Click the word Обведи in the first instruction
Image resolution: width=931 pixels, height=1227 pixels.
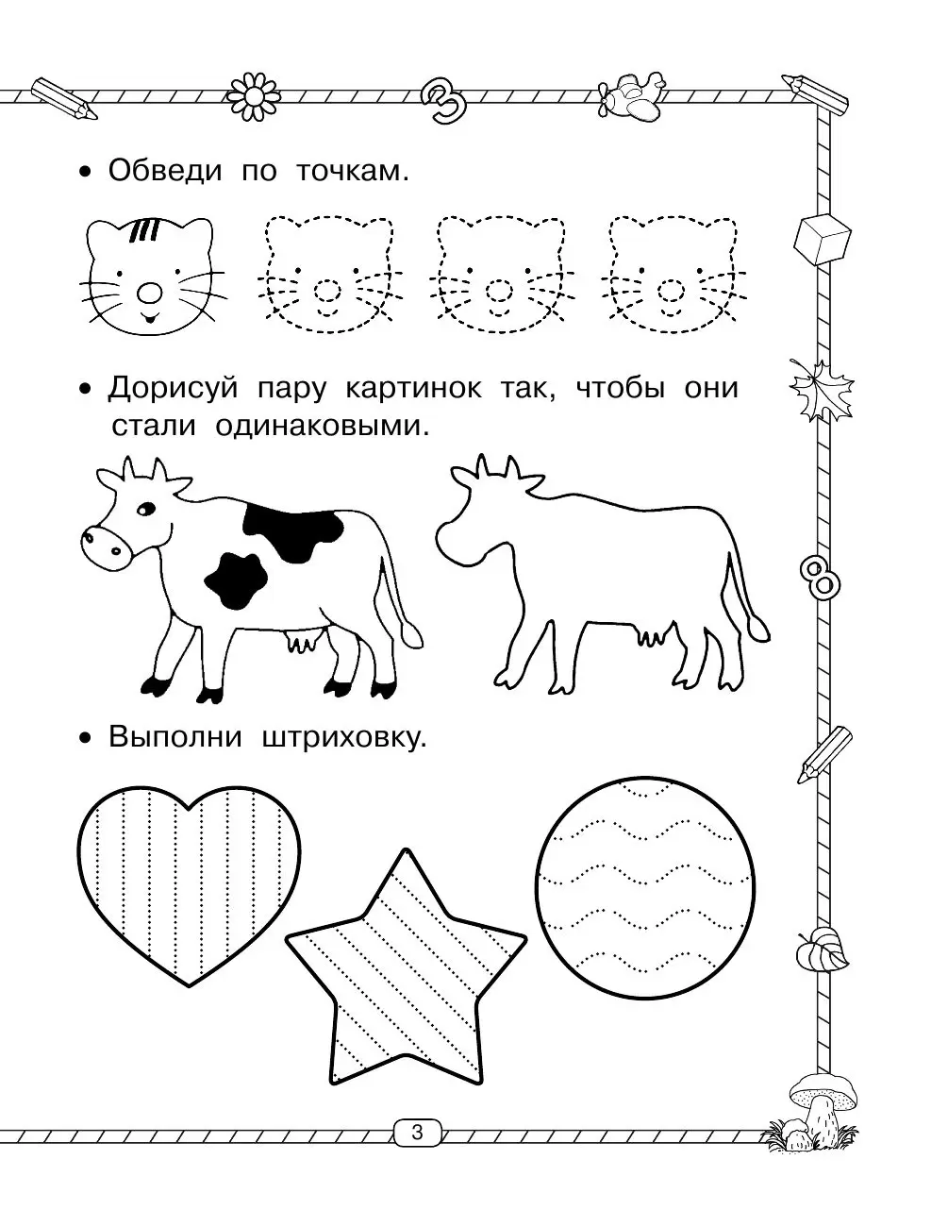[x=165, y=171]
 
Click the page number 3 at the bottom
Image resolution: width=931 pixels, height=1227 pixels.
[x=417, y=1132]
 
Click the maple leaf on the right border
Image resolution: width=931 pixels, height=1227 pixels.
[x=821, y=389]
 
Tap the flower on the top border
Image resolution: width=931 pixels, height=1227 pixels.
[x=254, y=92]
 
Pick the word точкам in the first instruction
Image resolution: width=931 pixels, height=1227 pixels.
[x=353, y=171]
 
